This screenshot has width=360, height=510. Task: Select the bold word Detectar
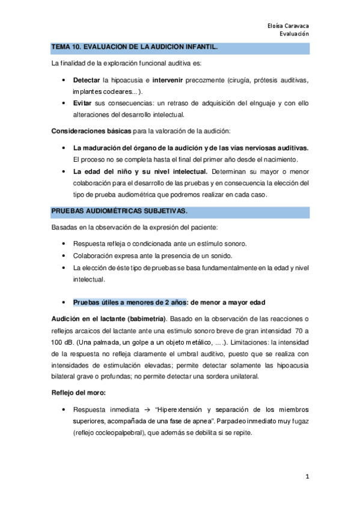pos(87,80)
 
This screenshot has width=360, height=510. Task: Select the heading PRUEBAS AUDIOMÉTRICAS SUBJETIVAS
pos(119,210)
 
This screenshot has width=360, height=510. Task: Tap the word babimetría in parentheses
pos(144,318)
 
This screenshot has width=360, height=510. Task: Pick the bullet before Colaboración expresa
pos(65,256)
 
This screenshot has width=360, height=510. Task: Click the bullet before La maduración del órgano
pos(65,148)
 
